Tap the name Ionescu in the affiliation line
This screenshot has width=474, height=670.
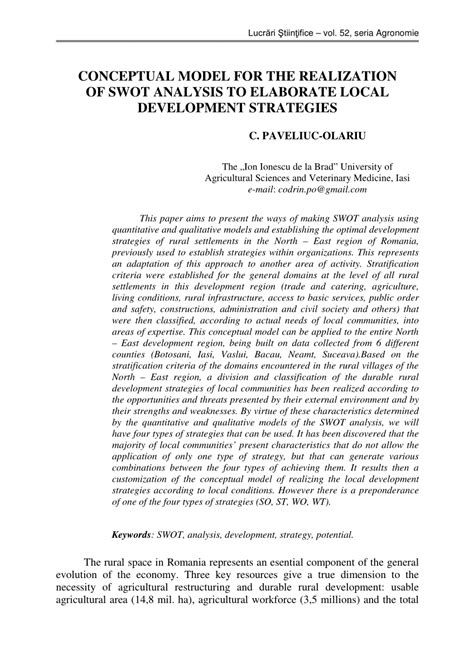[291, 162]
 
